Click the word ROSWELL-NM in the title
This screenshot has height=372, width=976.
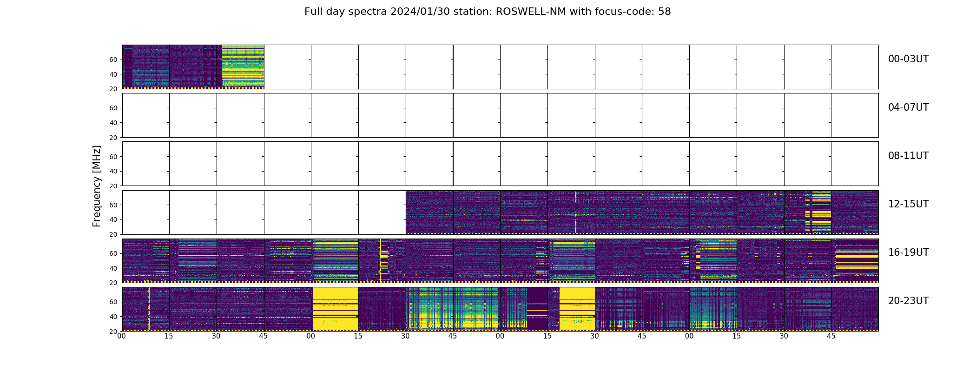(531, 12)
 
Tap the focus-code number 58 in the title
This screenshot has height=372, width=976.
(665, 12)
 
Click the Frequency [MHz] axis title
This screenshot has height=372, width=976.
(97, 186)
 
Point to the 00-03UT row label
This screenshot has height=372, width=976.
(908, 59)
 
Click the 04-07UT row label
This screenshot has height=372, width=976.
(908, 107)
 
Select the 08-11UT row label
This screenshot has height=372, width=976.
(908, 156)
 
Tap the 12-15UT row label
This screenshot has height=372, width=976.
(908, 204)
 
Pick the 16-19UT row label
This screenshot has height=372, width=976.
(908, 252)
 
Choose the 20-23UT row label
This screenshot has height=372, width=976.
(908, 301)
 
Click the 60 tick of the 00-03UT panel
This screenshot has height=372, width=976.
(113, 60)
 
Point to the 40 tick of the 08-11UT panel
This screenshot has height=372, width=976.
(113, 171)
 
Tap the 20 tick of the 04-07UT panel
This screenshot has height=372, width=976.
(113, 138)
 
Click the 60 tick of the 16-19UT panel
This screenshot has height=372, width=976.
(113, 253)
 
